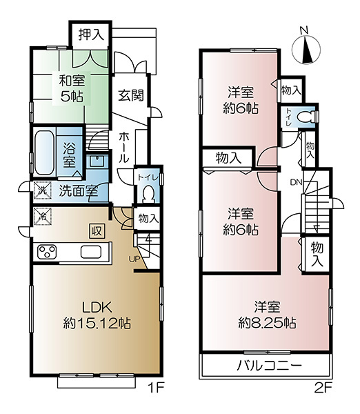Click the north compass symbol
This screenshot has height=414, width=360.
(306, 49)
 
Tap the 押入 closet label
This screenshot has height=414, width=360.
(91, 34)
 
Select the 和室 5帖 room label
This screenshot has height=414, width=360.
(72, 88)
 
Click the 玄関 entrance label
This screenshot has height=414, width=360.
(131, 95)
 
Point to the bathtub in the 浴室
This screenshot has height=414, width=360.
(44, 153)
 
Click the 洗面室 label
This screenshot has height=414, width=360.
(79, 190)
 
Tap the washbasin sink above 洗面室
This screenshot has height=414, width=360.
(97, 160)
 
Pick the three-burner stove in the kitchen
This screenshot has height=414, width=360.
(48, 252)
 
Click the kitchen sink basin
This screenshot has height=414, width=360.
(91, 252)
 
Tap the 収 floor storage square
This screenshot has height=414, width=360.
(97, 231)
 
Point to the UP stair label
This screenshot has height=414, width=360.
(134, 259)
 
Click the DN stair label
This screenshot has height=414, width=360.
(296, 182)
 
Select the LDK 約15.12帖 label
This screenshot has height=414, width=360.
(97, 315)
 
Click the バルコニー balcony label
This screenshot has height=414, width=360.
(269, 366)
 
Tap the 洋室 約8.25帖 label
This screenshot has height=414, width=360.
(267, 315)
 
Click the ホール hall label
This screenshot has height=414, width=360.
(123, 148)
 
